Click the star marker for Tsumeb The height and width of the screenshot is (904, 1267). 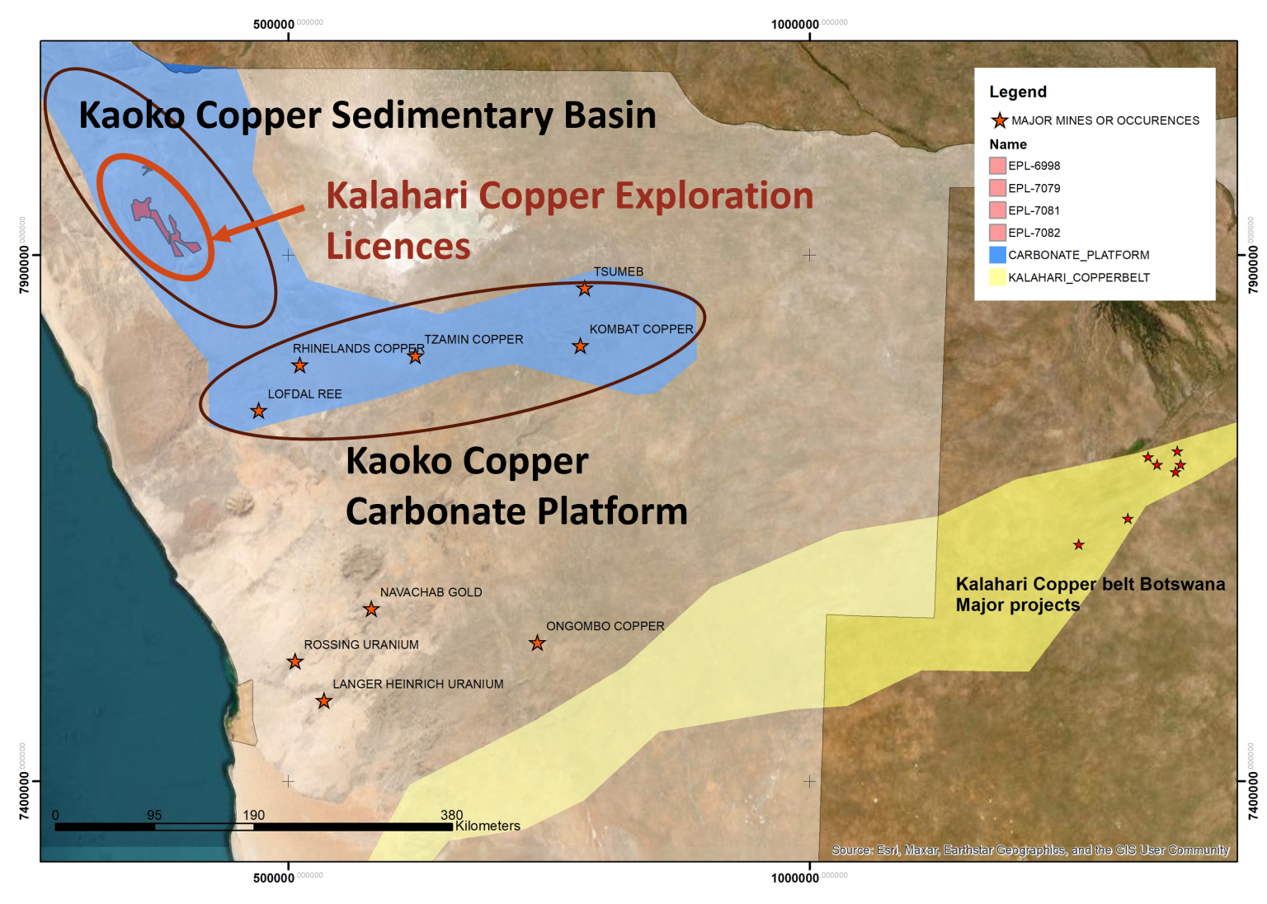click(x=584, y=289)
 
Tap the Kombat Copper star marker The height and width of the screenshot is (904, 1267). click(x=580, y=346)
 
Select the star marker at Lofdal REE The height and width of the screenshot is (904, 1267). click(x=258, y=411)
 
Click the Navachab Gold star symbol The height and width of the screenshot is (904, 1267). click(x=371, y=610)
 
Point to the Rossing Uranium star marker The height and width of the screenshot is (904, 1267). click(x=294, y=662)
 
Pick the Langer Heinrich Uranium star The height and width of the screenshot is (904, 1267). click(x=323, y=701)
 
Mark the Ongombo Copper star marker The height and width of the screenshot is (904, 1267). click(x=537, y=643)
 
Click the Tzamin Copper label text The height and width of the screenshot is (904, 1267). click(x=473, y=339)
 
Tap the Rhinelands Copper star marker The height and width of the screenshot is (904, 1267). click(x=299, y=365)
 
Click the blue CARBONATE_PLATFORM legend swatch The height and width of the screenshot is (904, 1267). click(x=997, y=255)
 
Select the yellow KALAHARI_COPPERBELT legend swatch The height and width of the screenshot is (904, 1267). click(x=997, y=277)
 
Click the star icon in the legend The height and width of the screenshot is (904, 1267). click(x=999, y=121)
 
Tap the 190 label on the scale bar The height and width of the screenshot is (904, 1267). click(x=253, y=815)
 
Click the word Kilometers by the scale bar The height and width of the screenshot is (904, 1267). click(x=487, y=826)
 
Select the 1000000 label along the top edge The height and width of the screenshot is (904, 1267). click(x=794, y=25)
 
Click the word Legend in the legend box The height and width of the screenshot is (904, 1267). click(x=1018, y=92)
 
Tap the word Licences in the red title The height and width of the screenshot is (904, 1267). click(x=398, y=246)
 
